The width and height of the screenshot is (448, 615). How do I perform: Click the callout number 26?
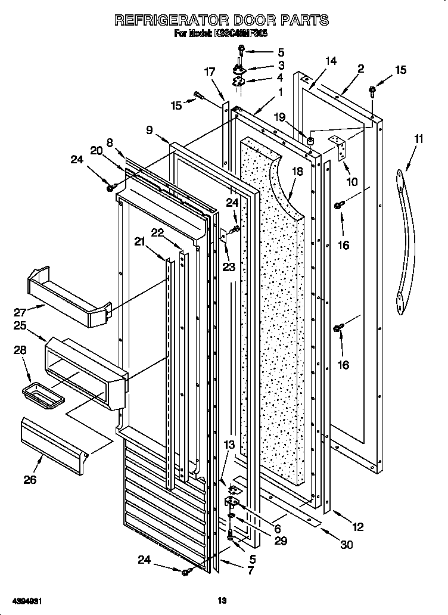tap(29, 479)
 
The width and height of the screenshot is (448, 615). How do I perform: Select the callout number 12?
tap(357, 527)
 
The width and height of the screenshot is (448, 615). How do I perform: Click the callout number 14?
tap(331, 61)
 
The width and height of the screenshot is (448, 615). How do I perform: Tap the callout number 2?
tap(360, 69)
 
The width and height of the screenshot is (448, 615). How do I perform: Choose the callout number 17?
tap(209, 72)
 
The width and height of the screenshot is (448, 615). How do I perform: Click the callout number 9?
tap(148, 129)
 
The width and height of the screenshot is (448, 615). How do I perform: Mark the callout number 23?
tap(229, 267)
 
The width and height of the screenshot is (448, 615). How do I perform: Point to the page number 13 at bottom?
tap(222, 602)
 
